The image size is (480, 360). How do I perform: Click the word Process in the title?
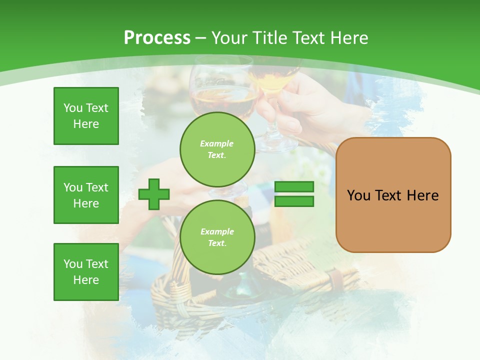coord(157,37)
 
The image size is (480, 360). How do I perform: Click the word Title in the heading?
coord(270,37)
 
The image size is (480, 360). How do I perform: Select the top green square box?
coord(86,116)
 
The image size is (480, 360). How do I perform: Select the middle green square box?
coord(86,195)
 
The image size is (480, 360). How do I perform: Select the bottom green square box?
coord(86,272)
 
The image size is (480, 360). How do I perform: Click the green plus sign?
coord(153,194)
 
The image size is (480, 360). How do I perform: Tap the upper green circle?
coord(217,149)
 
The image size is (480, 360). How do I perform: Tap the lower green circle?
coord(217,237)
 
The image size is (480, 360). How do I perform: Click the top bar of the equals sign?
coord(294,186)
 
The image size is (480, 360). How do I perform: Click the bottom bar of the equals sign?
coord(294,201)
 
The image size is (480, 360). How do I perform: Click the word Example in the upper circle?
coord(217,143)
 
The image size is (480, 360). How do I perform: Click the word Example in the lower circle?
coord(217,231)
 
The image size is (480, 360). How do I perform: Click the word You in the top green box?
coord(72,108)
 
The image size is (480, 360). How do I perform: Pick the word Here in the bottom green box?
coord(86,280)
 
